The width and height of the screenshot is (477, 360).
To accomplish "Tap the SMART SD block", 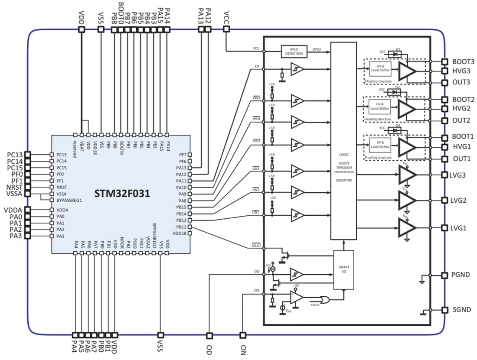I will (x=343, y=270).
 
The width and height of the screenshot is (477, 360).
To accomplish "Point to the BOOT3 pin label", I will (x=463, y=62).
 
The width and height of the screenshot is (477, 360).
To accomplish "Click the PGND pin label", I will (x=461, y=275).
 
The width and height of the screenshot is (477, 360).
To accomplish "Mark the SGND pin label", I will (x=461, y=310).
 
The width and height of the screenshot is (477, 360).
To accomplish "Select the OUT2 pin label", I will (x=461, y=120).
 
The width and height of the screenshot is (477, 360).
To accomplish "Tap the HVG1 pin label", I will (x=461, y=147).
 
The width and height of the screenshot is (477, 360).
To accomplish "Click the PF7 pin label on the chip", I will (x=182, y=155).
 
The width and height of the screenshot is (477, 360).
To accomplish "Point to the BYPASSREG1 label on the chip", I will (x=69, y=201).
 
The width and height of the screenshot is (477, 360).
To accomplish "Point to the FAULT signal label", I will (x=256, y=246).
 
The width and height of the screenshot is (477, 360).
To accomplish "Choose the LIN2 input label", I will (x=256, y=190).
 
